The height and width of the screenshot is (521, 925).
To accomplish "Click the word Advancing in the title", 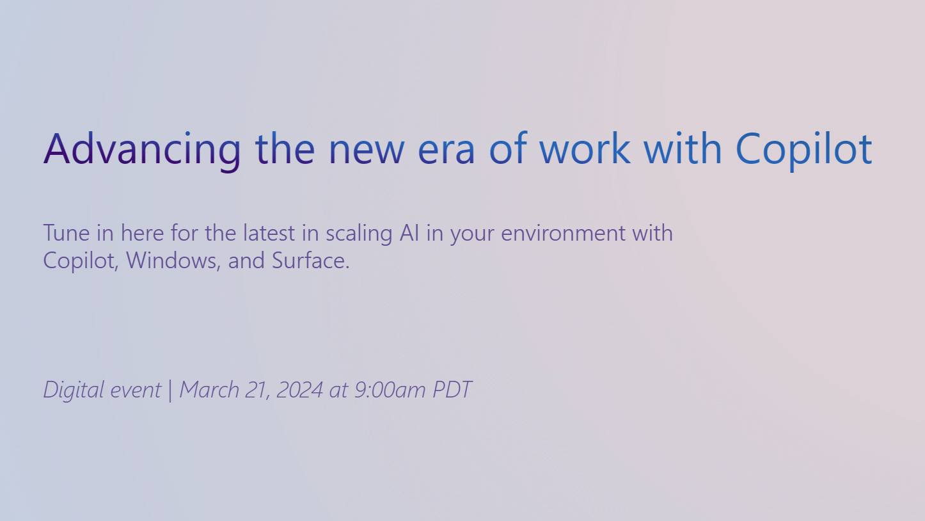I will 142,148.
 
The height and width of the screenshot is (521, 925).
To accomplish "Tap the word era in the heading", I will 446,148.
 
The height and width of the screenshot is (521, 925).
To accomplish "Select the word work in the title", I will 585,148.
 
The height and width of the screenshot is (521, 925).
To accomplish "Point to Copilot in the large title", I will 803,148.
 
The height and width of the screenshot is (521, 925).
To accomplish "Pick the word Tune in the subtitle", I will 66,233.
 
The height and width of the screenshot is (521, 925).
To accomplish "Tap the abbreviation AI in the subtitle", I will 409,233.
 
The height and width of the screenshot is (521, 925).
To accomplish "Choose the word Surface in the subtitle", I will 310,261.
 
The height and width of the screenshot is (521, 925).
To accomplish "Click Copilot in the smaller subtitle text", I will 81,261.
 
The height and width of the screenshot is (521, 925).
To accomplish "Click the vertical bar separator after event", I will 170,390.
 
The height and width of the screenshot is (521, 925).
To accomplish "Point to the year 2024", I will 299,390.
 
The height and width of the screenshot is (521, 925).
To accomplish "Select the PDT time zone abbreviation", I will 452,390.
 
